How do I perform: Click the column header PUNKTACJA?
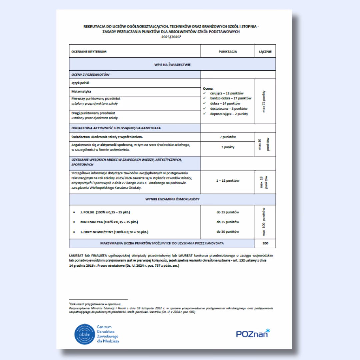coord(228,52)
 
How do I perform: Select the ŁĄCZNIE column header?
coord(265,52)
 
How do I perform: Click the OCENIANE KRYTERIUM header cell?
coord(89,52)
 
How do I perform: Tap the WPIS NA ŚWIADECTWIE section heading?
coord(172,65)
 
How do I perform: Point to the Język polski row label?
coord(81,83)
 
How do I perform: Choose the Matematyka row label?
coord(81,91)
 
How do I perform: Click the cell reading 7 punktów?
coord(228,137)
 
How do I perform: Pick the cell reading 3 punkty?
coord(228,147)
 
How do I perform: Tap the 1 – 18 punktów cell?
coord(228,180)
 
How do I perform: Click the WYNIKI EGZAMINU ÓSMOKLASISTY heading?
coord(172,199)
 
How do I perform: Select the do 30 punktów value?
coord(228,231)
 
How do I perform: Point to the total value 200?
coord(265,243)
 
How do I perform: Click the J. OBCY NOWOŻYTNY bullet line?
coord(114,231)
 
